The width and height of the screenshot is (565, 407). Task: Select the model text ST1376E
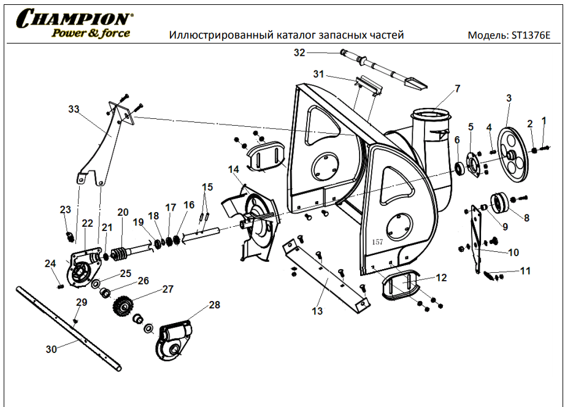[531, 35]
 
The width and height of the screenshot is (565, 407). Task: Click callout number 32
[299, 53]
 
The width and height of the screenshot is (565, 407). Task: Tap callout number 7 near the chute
[457, 89]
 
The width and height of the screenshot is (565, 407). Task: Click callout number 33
[74, 109]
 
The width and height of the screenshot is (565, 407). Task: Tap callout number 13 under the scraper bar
[317, 311]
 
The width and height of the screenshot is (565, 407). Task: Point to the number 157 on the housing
[377, 242]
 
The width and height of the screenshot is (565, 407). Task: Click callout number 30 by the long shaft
[52, 349]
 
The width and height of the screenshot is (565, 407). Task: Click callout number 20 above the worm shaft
[123, 212]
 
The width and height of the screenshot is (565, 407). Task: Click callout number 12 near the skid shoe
[441, 277]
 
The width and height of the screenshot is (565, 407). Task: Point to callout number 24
[50, 264]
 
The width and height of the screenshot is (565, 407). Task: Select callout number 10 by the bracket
[513, 252]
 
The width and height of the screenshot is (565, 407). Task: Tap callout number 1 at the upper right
[543, 120]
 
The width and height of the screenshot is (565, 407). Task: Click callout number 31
[318, 74]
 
